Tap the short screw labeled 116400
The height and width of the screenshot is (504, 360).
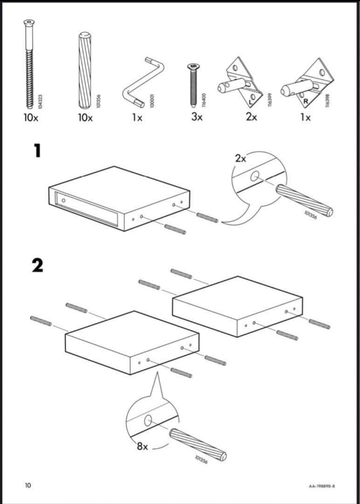192,84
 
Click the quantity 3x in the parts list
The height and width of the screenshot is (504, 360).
197,117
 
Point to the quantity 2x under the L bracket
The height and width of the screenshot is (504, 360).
251,117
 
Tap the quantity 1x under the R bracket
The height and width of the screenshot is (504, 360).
305,117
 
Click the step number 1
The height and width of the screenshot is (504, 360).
37,151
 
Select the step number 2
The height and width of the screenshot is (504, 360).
37,265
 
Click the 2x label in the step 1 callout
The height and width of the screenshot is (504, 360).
240,158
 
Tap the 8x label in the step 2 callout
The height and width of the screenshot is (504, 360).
142,446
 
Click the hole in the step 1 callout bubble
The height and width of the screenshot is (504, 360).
255,176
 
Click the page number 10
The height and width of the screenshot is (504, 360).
28,485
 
